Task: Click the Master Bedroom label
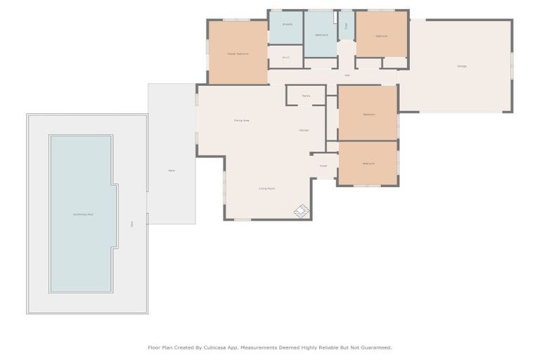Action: (x=237, y=53)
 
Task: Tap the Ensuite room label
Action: (x=287, y=24)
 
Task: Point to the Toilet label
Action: (x=346, y=26)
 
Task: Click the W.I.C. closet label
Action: (x=285, y=58)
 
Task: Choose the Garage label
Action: (x=462, y=66)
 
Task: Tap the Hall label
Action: (x=347, y=75)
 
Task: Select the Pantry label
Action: (x=307, y=96)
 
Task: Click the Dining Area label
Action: (x=242, y=120)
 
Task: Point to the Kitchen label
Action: (x=304, y=130)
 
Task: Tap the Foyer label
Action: (x=323, y=166)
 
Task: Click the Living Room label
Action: (x=266, y=188)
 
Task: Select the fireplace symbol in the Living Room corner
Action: (x=302, y=210)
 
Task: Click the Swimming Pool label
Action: (x=83, y=214)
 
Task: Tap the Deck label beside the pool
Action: (x=131, y=224)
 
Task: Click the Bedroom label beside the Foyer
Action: (x=368, y=163)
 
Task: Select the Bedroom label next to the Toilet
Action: (x=381, y=35)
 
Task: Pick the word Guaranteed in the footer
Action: (x=375, y=347)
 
